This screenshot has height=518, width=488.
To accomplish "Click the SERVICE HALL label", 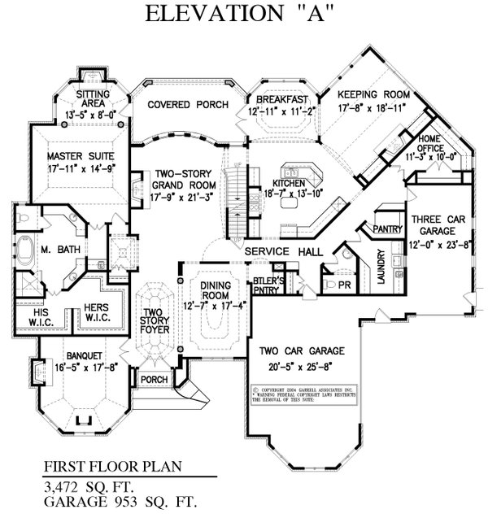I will point(278,252).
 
